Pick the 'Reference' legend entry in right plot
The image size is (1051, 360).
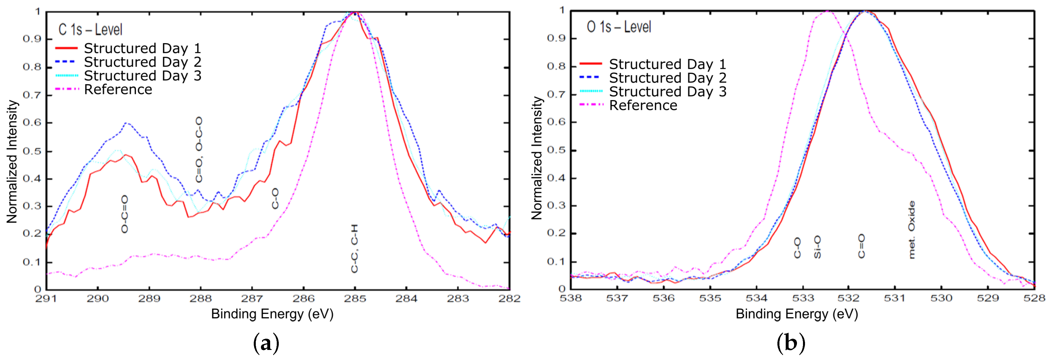643,105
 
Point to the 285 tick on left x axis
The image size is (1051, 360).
355,299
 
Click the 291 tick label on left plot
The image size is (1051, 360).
46,299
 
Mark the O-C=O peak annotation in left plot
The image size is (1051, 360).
125,214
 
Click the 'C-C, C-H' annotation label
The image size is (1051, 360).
355,248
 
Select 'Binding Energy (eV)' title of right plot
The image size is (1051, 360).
796,314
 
